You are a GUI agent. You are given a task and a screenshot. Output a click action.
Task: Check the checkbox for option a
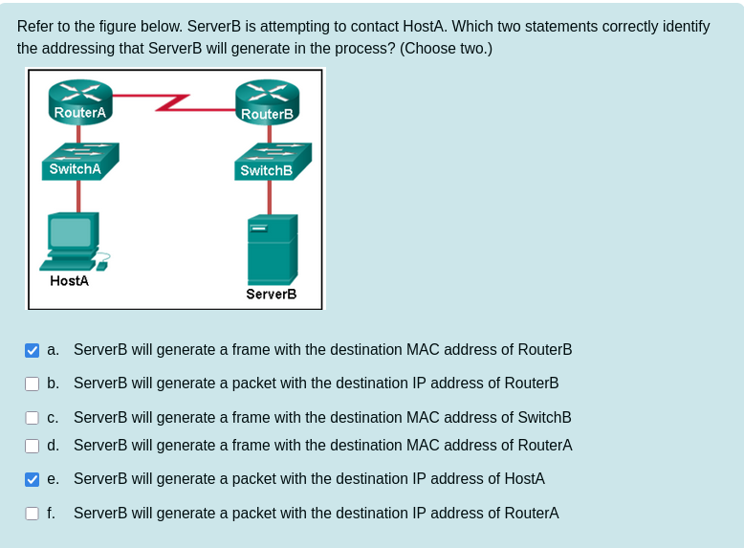tap(33, 350)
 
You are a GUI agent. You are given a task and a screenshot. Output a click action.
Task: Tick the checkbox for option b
tap(33, 384)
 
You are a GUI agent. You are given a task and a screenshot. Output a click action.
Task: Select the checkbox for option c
tap(33, 418)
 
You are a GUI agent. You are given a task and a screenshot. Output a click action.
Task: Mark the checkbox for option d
tap(33, 446)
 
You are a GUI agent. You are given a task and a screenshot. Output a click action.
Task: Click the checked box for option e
tap(33, 479)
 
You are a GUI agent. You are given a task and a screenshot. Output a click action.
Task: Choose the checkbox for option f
tap(33, 514)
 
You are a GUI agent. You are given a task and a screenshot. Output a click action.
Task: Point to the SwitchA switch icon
tap(80, 160)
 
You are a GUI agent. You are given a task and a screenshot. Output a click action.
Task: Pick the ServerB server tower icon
tap(272, 248)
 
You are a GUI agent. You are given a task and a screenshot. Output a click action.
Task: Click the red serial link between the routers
tap(174, 99)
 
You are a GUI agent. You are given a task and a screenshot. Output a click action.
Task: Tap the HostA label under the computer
tap(69, 281)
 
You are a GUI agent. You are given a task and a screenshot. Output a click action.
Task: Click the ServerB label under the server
tap(271, 295)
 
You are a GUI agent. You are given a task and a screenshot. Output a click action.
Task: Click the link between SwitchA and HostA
tap(79, 195)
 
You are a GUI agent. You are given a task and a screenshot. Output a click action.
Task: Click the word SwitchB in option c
tap(542, 418)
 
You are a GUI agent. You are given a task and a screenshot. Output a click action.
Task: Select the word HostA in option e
tap(524, 479)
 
